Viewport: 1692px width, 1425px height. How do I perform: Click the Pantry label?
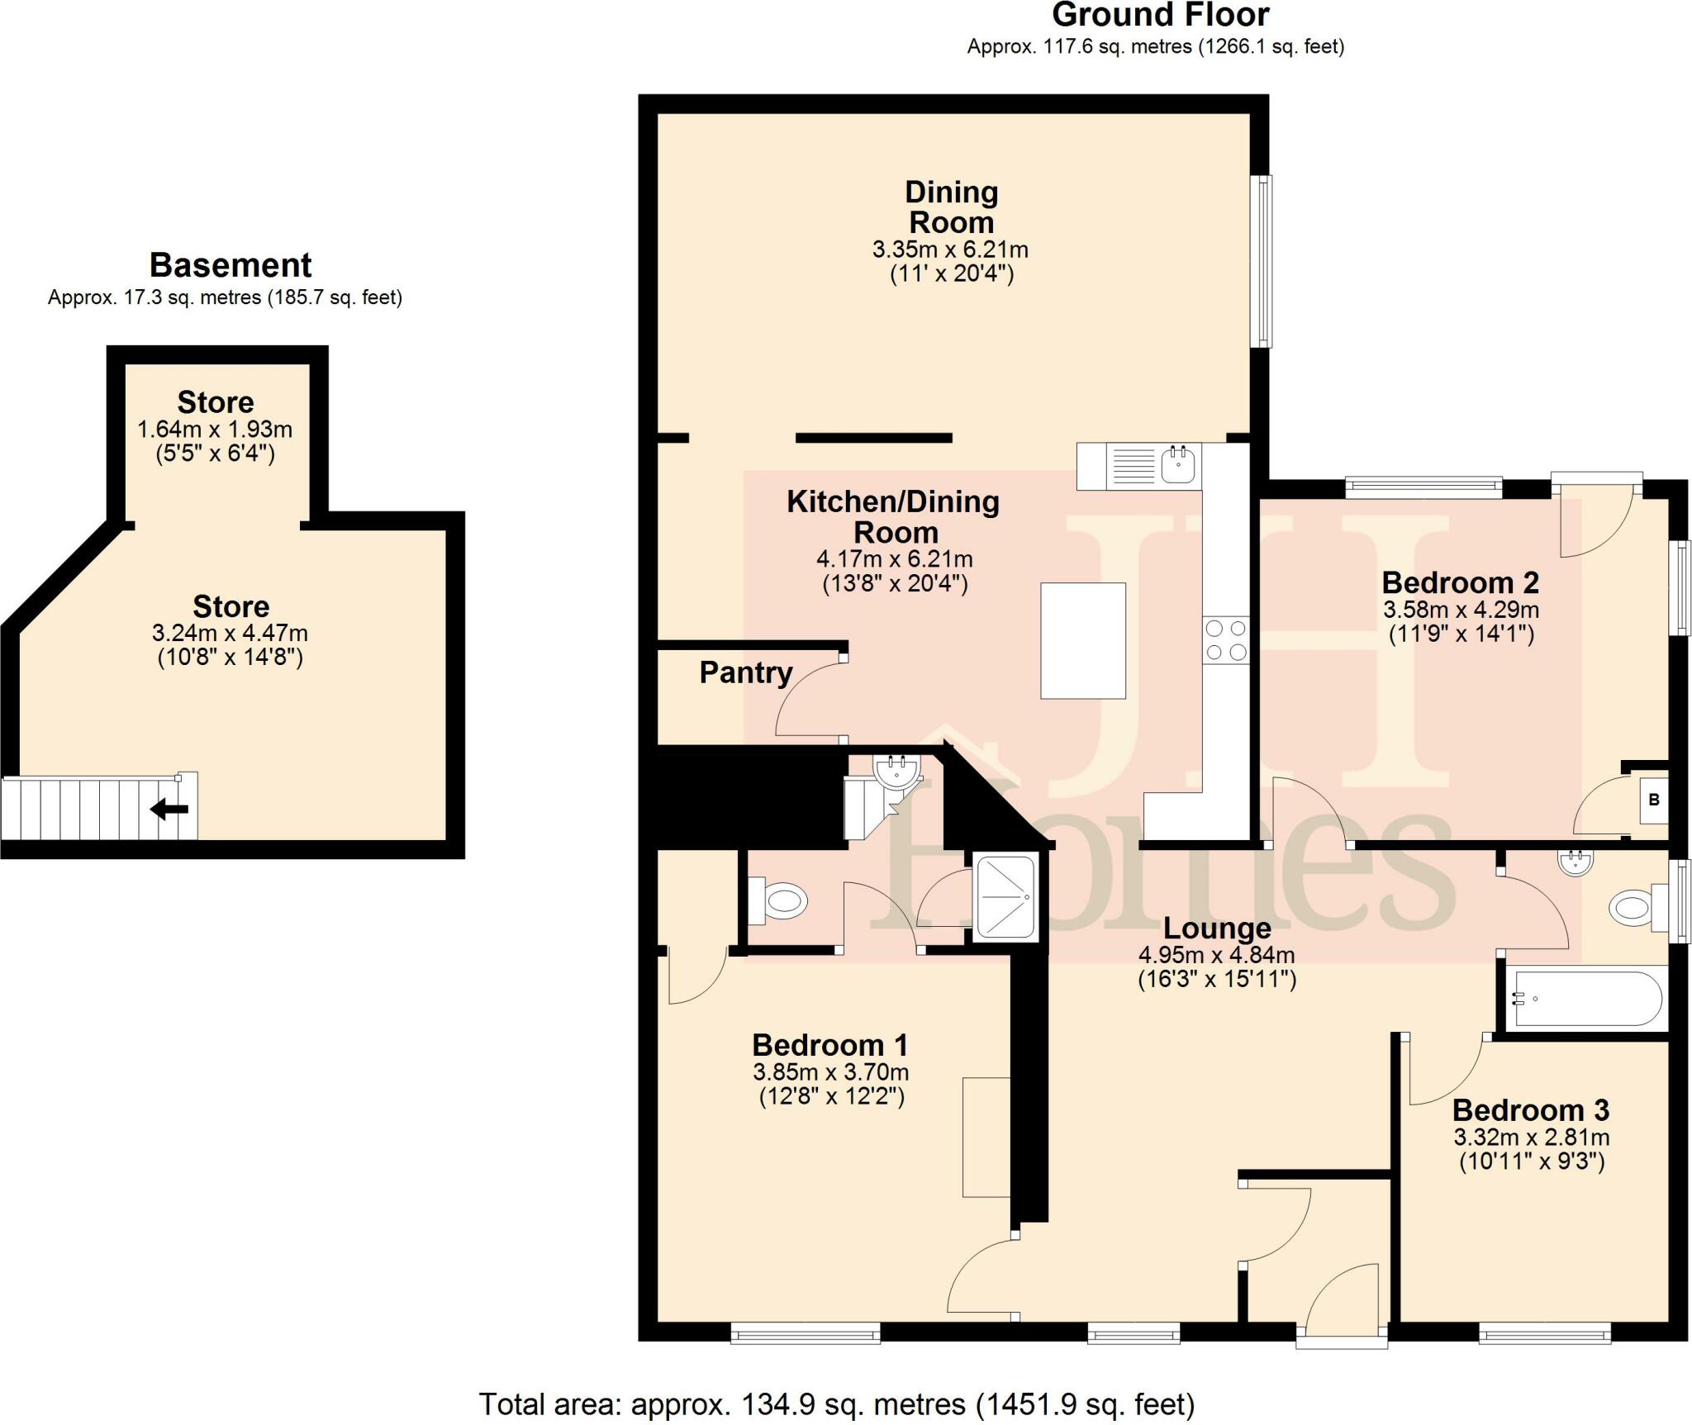(745, 672)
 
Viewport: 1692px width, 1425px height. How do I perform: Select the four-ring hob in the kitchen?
(1226, 640)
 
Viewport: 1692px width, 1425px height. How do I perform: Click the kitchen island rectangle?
(1083, 640)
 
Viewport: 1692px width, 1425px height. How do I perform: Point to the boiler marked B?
(1653, 800)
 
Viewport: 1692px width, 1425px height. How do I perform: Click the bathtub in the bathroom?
(1585, 999)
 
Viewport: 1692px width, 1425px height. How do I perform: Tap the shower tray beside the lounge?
(1005, 897)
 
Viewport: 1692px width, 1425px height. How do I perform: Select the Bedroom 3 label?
(1531, 1109)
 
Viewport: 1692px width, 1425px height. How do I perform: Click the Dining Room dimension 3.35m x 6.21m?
(950, 249)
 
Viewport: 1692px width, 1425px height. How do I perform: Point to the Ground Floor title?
(1160, 16)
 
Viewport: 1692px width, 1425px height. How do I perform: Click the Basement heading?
(231, 265)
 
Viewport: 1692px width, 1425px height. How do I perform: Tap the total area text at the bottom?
(836, 1404)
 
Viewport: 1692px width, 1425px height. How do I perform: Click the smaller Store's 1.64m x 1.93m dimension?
(215, 430)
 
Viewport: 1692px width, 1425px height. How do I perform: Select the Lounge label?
(1216, 929)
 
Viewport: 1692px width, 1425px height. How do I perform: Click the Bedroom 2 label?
(1460, 582)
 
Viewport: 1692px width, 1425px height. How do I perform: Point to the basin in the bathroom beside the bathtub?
(1576, 862)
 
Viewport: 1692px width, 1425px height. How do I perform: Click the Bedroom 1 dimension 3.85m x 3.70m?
(830, 1073)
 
